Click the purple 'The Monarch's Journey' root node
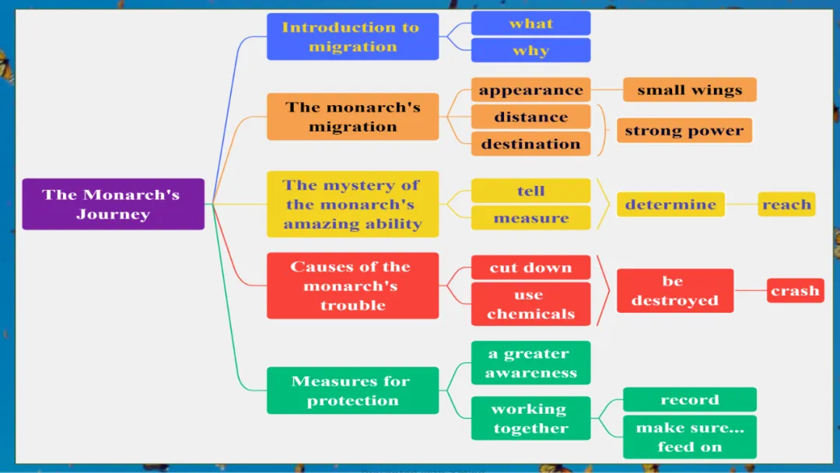tap(113, 204)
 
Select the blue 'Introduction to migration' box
tap(352, 37)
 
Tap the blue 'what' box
tap(530, 23)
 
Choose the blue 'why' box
tap(530, 51)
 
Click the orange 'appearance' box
tap(530, 89)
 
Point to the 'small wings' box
tap(689, 89)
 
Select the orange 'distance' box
tap(530, 117)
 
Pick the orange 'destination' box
tap(530, 144)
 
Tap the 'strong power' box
tap(684, 130)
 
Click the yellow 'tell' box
tap(530, 191)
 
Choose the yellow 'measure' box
tap(530, 218)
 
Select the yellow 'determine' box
tap(670, 205)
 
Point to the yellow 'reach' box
tap(786, 205)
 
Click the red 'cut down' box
tap(530, 267)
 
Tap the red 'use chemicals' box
tap(530, 304)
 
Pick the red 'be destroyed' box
tap(674, 291)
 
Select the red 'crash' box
tap(795, 291)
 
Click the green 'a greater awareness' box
tap(530, 363)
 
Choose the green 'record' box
tap(689, 399)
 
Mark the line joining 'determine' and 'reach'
tap(742, 205)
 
